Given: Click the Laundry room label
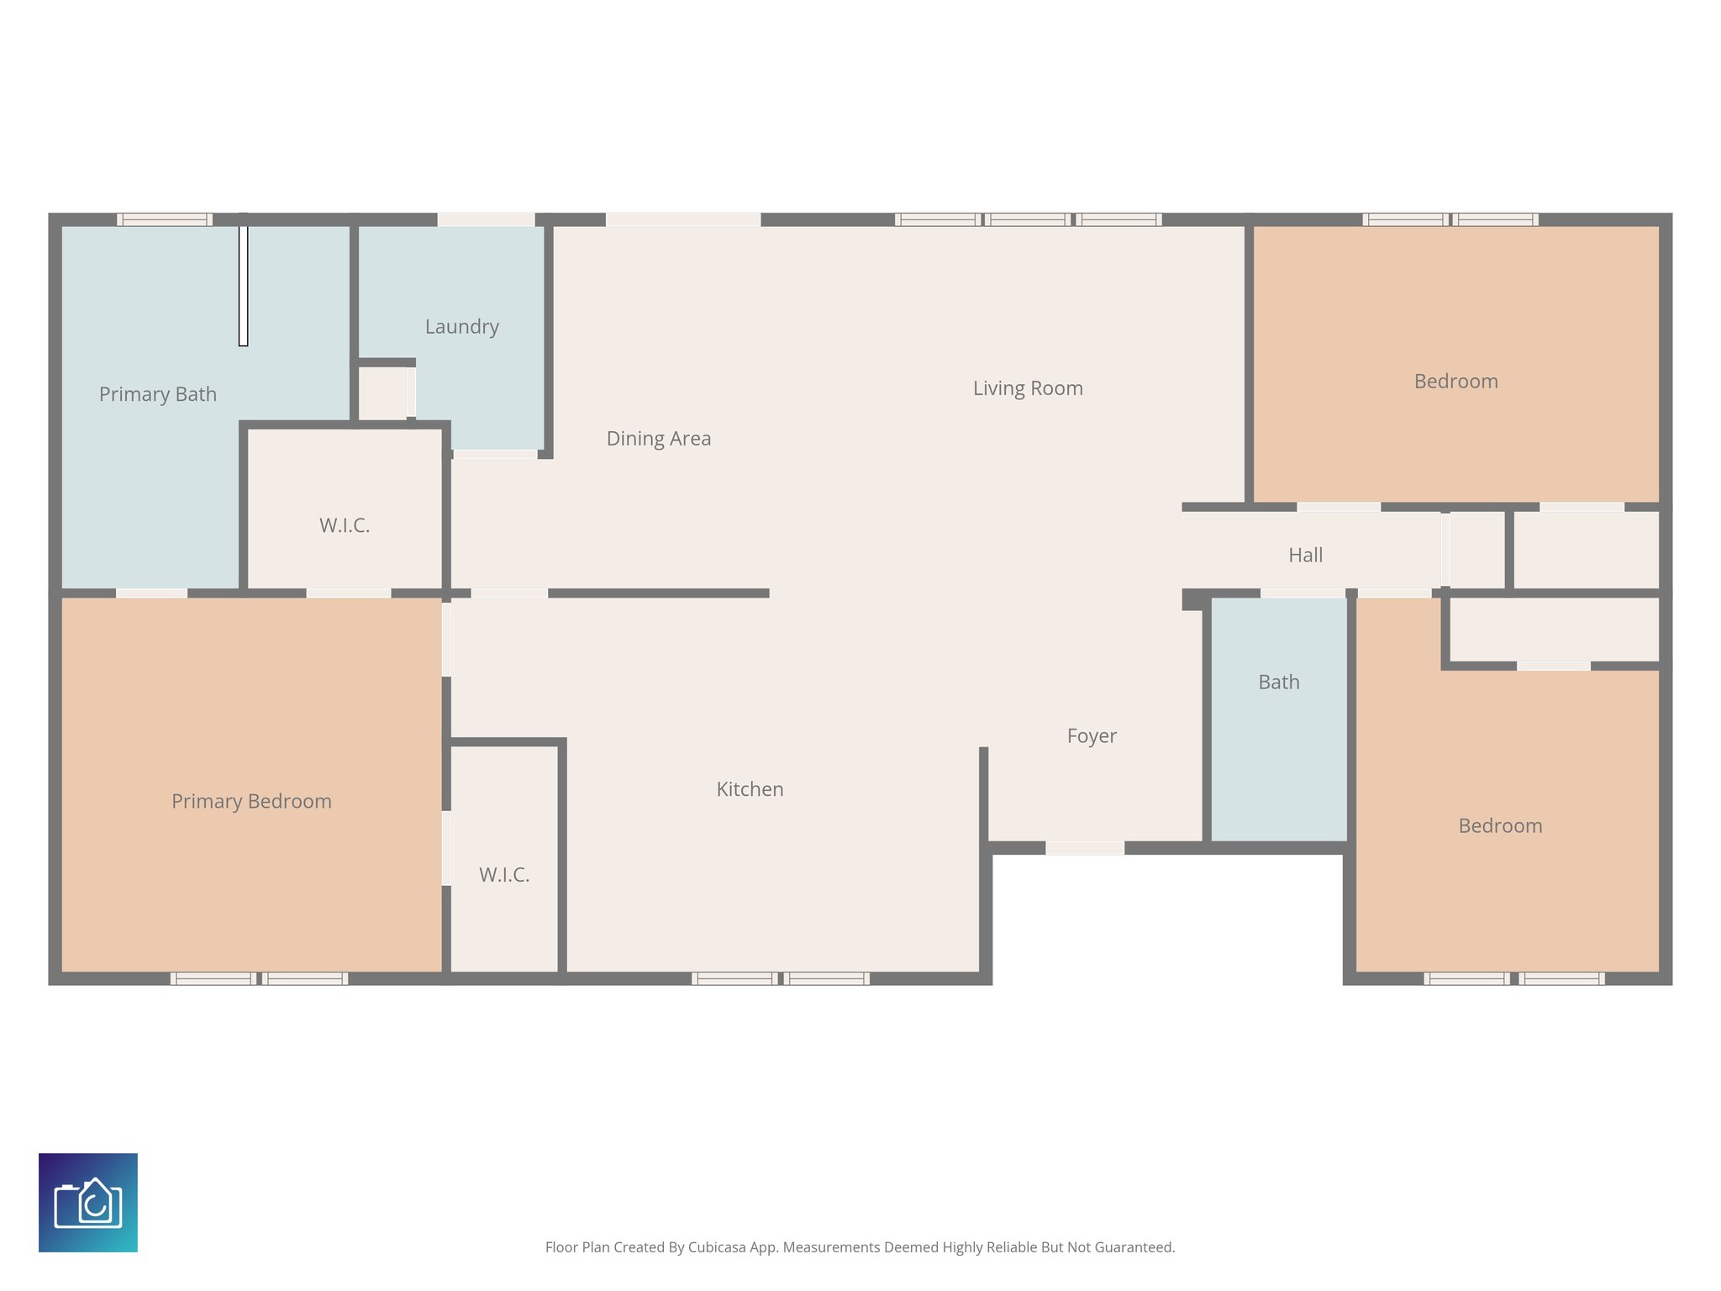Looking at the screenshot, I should click(x=461, y=326).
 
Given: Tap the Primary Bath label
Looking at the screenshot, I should click(x=157, y=394).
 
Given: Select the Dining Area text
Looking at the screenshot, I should click(x=658, y=439).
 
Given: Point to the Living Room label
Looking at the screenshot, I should click(x=1027, y=388).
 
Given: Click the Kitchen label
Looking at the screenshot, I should click(x=750, y=789).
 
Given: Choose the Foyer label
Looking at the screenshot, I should click(x=1091, y=736).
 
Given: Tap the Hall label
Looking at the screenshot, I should click(x=1305, y=555).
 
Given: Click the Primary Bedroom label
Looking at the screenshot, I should click(x=251, y=801).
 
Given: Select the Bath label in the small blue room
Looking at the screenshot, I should click(x=1278, y=682).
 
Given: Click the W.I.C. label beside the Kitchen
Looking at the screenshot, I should click(x=504, y=875).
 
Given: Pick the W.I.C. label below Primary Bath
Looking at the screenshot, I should click(x=345, y=525).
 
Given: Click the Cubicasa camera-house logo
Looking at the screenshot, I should click(x=88, y=1202).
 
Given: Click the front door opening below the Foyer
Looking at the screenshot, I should click(x=1084, y=848).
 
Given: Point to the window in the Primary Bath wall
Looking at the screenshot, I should click(x=164, y=219).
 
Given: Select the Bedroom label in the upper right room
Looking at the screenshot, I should click(x=1455, y=382).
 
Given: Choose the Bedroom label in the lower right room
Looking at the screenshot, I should click(x=1499, y=826).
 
